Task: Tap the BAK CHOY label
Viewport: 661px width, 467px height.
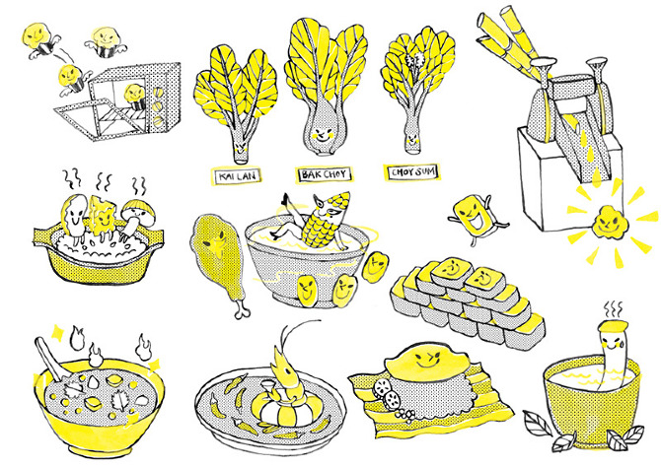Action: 324,174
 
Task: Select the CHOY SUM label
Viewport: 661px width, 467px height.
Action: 412,171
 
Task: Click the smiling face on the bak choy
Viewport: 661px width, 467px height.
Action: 322,134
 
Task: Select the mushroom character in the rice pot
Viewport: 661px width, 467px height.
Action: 136,218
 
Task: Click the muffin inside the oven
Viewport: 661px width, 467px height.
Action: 135,97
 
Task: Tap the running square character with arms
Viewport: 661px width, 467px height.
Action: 476,216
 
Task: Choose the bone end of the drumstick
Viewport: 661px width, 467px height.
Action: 242,310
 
